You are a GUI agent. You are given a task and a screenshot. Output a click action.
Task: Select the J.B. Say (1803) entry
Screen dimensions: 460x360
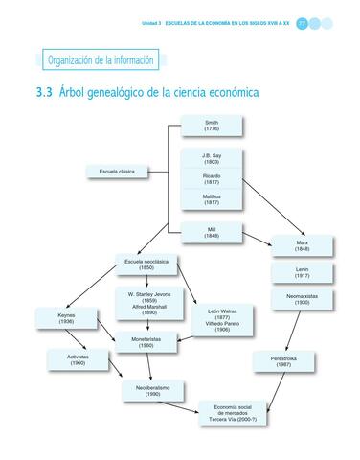(x=212, y=158)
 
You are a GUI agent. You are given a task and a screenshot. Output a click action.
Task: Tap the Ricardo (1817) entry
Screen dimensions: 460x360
(x=212, y=179)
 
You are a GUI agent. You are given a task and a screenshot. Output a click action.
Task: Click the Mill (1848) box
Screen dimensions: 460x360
(x=212, y=231)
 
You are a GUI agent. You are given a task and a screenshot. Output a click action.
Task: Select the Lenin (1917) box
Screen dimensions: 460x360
(x=302, y=273)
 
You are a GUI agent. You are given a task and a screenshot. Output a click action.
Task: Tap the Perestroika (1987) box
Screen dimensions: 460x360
(x=280, y=360)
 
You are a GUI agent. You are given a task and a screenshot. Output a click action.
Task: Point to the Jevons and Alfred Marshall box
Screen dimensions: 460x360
(x=149, y=302)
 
